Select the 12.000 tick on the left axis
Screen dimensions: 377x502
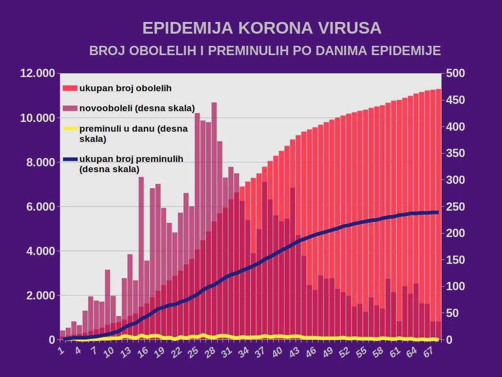point(37,74)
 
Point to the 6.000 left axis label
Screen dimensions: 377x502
point(40,207)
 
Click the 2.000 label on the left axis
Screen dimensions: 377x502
point(40,296)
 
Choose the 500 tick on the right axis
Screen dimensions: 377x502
point(456,74)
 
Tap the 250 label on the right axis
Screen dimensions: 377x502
point(456,207)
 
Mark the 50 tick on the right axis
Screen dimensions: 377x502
point(453,313)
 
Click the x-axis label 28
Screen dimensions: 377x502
point(210,352)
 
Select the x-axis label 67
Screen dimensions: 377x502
point(428,352)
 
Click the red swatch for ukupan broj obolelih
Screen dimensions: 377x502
point(70,88)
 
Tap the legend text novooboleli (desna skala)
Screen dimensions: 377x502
point(137,108)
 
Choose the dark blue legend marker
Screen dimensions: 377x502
point(70,159)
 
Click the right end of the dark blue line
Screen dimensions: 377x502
point(437,212)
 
